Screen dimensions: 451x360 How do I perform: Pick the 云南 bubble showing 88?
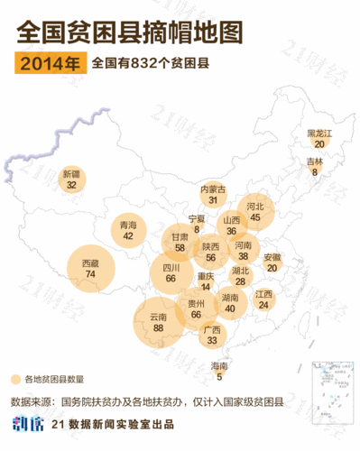click(159, 324)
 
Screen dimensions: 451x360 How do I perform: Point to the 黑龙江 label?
click(320, 133)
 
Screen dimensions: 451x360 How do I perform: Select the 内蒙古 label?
click(213, 189)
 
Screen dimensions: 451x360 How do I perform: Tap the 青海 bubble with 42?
click(128, 230)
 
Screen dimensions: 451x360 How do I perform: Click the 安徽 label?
click(272, 257)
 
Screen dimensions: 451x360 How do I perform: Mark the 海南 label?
click(219, 365)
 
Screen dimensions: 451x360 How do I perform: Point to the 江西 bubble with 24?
click(263, 299)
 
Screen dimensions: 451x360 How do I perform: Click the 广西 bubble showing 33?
click(212, 336)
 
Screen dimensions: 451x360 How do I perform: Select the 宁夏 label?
click(197, 218)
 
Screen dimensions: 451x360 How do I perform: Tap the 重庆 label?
click(206, 276)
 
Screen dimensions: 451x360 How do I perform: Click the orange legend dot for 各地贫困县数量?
click(15, 379)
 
